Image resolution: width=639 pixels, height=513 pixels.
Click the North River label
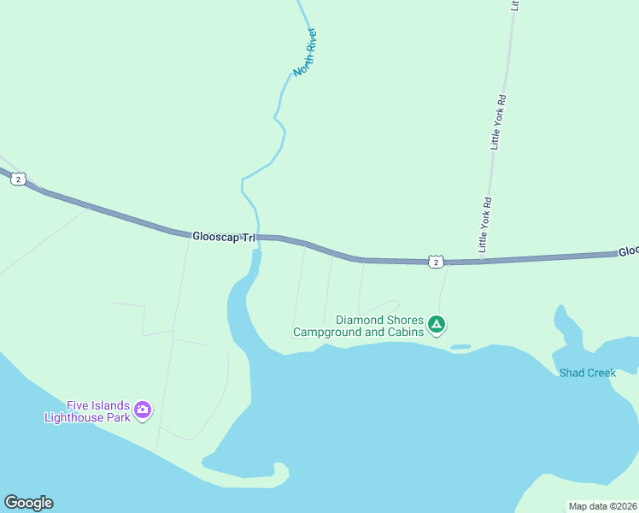pyautogui.click(x=305, y=53)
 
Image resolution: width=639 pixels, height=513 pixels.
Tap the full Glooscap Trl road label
pyautogui.click(x=224, y=235)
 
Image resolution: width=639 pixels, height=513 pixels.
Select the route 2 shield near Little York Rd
pyautogui.click(x=436, y=262)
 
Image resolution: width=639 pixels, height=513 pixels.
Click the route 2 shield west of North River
pyautogui.click(x=19, y=179)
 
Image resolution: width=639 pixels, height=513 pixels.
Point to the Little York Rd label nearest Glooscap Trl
pyautogui.click(x=484, y=226)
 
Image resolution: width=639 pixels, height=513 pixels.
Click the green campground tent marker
pyautogui.click(x=437, y=324)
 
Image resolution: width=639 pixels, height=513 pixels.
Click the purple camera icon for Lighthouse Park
pyautogui.click(x=143, y=411)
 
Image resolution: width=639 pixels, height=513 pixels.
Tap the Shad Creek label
pyautogui.click(x=587, y=373)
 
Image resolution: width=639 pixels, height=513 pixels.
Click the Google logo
pyautogui.click(x=28, y=503)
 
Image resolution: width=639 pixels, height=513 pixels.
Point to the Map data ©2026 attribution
pyautogui.click(x=602, y=506)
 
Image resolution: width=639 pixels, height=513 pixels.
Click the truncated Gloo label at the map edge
pyautogui.click(x=628, y=251)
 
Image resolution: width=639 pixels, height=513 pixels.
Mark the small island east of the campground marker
pyautogui.click(x=460, y=346)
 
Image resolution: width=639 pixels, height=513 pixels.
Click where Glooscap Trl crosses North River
pyautogui.click(x=258, y=237)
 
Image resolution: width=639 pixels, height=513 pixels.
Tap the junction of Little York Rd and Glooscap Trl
pyautogui.click(x=481, y=261)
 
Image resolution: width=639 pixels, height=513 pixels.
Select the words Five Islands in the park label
pyautogui.click(x=98, y=405)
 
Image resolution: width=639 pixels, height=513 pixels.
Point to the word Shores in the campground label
pyautogui.click(x=403, y=320)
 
